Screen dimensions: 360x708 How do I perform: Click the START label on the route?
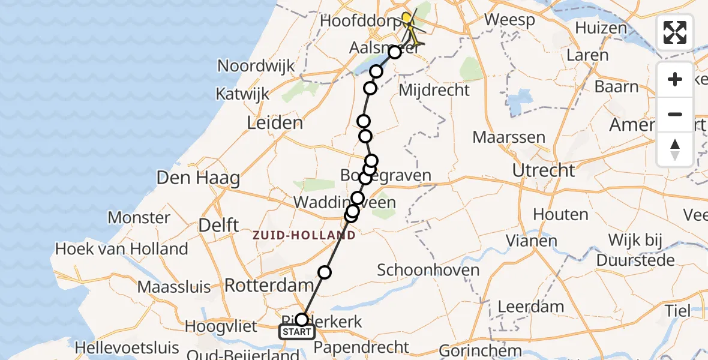[296, 332]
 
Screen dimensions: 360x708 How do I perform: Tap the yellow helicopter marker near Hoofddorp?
[407, 19]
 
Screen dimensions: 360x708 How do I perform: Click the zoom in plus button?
[675, 79]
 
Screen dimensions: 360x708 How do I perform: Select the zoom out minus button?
[675, 114]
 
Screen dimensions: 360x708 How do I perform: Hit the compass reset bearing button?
[675, 149]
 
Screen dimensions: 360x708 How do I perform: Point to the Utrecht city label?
[544, 170]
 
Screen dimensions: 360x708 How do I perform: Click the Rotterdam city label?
[269, 286]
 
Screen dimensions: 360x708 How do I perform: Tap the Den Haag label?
[198, 178]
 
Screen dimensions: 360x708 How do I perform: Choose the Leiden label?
[275, 124]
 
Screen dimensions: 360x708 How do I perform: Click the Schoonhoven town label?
[428, 269]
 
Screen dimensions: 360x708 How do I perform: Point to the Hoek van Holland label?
[121, 248]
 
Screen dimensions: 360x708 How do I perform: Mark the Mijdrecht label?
[434, 91]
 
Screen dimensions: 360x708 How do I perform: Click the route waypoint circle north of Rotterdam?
[325, 272]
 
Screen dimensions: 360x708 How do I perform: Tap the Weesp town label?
[509, 19]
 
